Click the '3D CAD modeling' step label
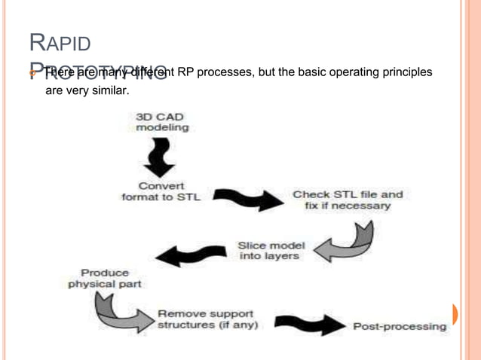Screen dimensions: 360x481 click(x=162, y=122)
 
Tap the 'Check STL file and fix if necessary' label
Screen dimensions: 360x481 click(x=348, y=200)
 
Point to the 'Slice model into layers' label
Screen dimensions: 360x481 click(x=271, y=251)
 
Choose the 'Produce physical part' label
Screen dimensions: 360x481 click(x=105, y=278)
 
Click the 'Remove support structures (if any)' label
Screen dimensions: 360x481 click(x=207, y=319)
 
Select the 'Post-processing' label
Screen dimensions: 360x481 click(x=400, y=326)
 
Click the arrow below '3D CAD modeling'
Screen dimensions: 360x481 click(x=160, y=157)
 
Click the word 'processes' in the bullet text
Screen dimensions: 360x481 click(x=223, y=72)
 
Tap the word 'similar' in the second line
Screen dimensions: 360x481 click(x=109, y=90)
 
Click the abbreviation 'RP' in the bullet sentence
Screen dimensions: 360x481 click(x=185, y=72)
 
